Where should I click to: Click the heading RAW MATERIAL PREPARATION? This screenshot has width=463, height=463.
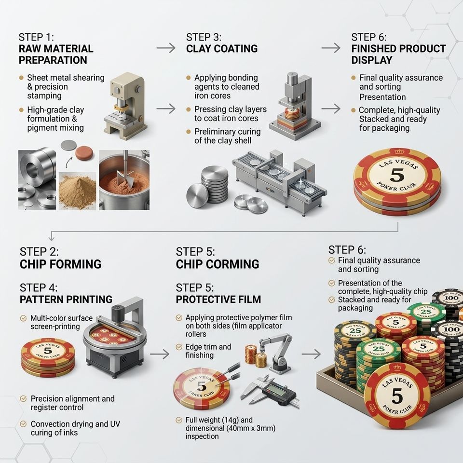tap(56, 54)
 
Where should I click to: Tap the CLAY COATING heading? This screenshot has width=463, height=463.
tap(222, 48)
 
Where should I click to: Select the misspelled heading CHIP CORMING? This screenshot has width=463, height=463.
tap(218, 264)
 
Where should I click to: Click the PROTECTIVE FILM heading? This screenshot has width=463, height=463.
tap(218, 299)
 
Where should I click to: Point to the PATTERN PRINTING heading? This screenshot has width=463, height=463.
tap(66, 299)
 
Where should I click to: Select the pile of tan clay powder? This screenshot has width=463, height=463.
tap(77, 191)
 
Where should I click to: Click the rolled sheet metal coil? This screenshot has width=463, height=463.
tap(37, 168)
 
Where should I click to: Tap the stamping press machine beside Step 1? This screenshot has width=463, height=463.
tap(125, 106)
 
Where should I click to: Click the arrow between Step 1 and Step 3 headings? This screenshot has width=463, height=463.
tap(166, 48)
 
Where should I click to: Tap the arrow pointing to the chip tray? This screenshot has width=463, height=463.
tap(311, 354)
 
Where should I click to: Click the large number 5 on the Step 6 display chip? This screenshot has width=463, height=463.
tap(397, 176)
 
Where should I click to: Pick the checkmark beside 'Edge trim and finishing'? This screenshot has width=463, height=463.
tap(178, 347)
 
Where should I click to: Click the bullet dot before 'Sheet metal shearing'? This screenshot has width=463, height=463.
tap(21, 78)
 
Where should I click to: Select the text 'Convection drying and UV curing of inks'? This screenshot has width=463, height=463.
tap(75, 428)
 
